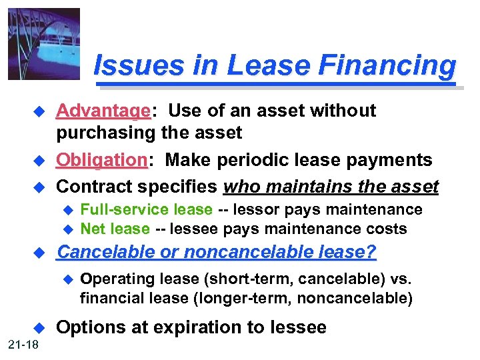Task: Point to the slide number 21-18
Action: tap(24, 344)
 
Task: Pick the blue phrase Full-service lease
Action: tap(146, 210)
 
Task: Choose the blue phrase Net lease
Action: tap(115, 229)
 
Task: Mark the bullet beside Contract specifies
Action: tap(38, 187)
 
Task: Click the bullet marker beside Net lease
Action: tap(66, 229)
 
